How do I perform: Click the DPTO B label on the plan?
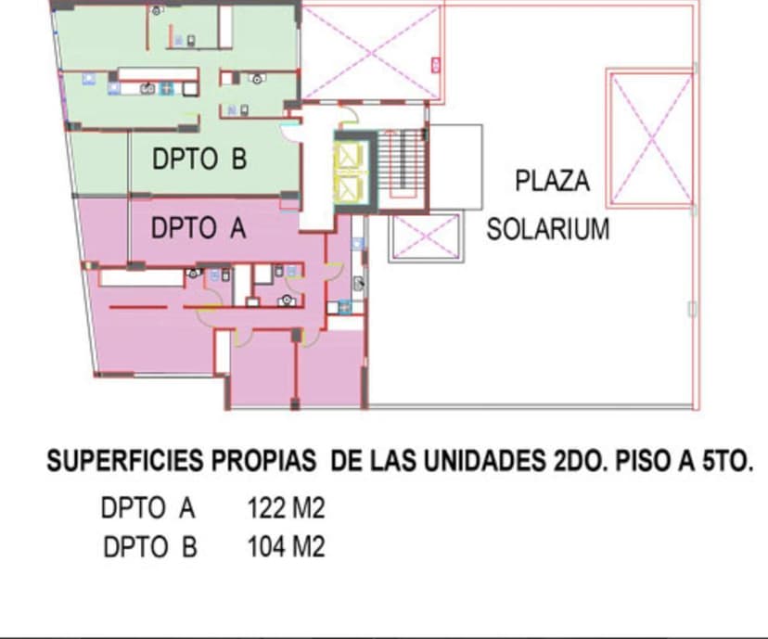click(x=199, y=160)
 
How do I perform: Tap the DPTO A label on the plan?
click(x=198, y=228)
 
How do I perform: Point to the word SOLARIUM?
click(x=548, y=229)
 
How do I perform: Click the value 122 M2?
click(x=286, y=508)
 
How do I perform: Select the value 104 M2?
click(x=286, y=547)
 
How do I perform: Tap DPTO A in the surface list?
click(x=148, y=508)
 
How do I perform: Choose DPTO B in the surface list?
click(x=149, y=547)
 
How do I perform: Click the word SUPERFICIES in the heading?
click(x=124, y=461)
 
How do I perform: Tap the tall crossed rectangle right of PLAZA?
click(x=649, y=138)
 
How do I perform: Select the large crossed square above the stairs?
click(x=371, y=53)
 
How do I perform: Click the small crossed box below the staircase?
click(x=425, y=237)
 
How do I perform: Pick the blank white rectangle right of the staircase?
click(x=455, y=167)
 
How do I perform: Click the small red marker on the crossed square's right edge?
click(x=434, y=64)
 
